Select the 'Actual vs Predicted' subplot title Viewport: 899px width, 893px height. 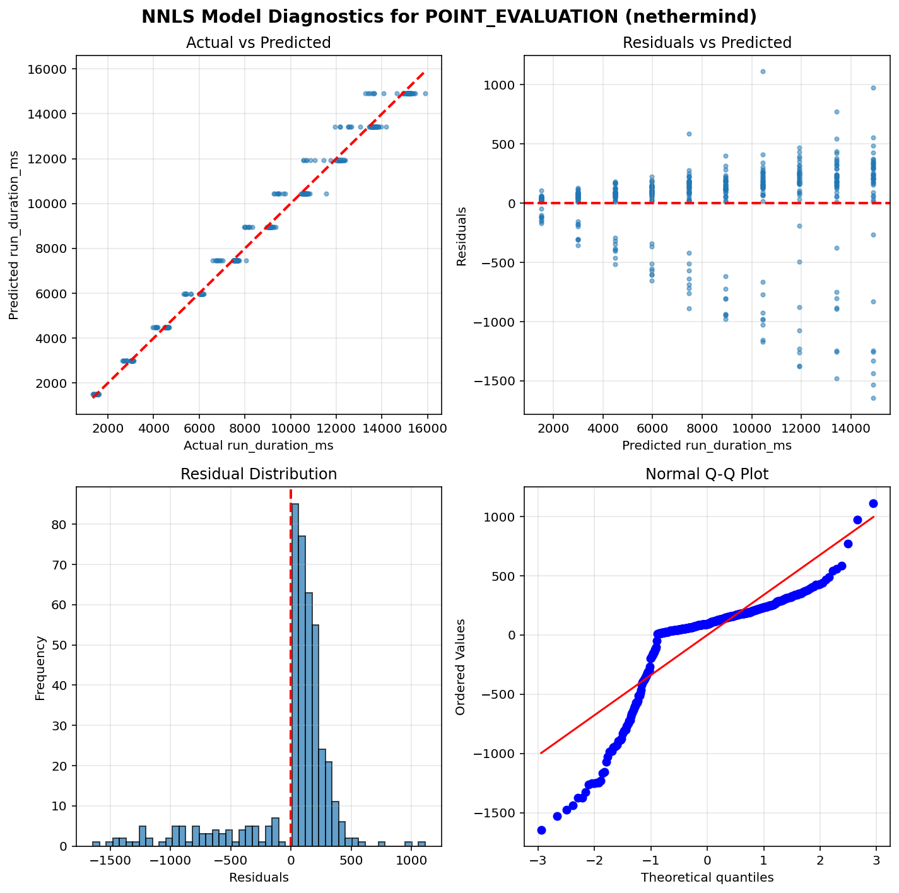coord(258,43)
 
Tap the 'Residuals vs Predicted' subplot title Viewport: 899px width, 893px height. coord(707,43)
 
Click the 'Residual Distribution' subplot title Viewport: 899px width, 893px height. coord(258,474)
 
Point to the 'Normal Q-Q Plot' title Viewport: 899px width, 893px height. coord(707,474)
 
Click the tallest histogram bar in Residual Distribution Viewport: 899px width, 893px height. coord(295,675)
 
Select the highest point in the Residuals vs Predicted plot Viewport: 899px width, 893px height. coord(763,71)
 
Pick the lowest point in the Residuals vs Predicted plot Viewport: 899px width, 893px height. coord(874,398)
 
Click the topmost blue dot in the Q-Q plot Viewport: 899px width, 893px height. coord(873,503)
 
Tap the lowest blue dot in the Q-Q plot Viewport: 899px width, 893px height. coord(541,830)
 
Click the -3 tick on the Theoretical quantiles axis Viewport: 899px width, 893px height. coord(538,861)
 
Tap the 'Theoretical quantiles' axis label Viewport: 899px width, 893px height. coord(707,877)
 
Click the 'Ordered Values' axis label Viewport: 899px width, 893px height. coord(461,667)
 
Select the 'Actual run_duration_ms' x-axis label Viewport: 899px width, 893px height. coord(258,446)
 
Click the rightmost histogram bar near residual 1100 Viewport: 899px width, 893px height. coord(421,844)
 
